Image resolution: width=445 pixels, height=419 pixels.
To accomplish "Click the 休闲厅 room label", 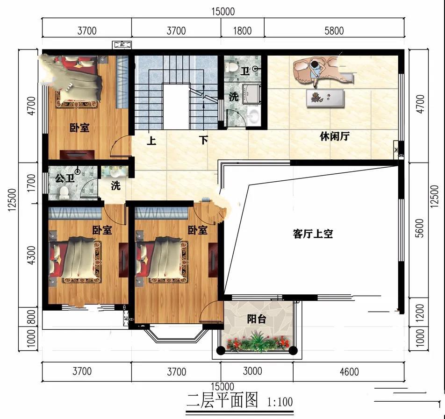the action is coord(334,136).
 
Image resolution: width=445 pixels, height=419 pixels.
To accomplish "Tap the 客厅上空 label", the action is coord(312,234).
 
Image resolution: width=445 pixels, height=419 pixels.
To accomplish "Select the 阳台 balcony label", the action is coord(257,319).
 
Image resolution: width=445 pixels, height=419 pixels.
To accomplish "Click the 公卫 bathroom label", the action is coord(65,178).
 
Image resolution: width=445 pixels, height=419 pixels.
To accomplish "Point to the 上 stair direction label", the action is coord(151,141).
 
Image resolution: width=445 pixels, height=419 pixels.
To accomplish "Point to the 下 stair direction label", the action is coord(203,140).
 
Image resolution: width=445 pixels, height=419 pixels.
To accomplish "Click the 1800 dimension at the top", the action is coord(242,31).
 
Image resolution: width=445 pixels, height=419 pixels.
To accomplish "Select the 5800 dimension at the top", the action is coord(334,31).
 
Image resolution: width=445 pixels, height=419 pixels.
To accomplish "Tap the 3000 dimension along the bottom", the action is coord(252,371).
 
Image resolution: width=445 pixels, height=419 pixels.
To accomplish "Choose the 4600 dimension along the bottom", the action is coord(349,372).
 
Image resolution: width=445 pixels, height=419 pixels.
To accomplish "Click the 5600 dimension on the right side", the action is coord(419,228).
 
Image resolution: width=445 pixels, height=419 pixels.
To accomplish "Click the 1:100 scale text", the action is coord(280,402).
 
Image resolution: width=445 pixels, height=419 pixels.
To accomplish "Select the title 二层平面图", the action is coord(222,400).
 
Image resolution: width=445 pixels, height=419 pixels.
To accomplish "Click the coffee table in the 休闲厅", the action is coord(325,98).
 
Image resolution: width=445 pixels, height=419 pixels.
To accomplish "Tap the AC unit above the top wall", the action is coord(122,45).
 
